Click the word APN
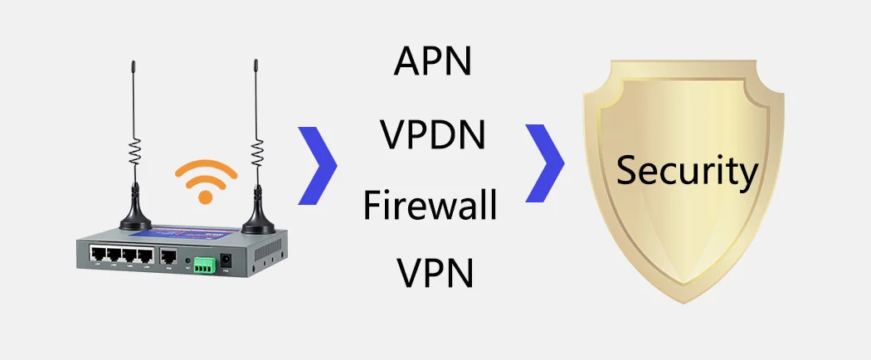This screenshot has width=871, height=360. [x=431, y=62]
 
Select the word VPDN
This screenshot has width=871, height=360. [x=432, y=134]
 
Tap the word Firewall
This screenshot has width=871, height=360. [x=430, y=204]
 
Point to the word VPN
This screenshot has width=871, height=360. [x=435, y=273]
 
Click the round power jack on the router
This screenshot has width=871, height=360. [x=224, y=263]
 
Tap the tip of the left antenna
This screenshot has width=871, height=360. [x=132, y=62]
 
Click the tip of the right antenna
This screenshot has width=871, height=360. [x=254, y=62]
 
